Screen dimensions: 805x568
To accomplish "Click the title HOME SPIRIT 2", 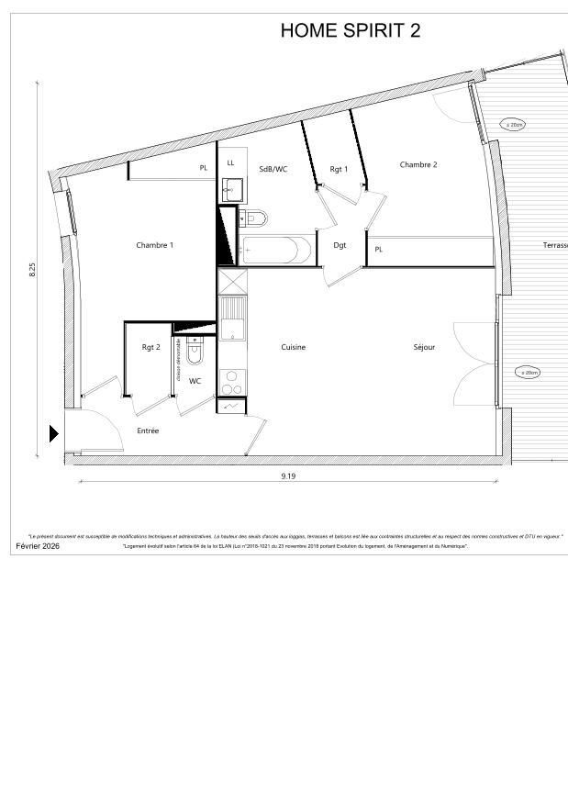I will tap(351, 30).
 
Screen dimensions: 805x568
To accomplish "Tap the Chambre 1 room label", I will tap(154, 245).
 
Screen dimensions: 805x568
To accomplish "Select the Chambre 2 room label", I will tap(418, 164).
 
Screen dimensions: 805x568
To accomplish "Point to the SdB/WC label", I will tap(273, 169).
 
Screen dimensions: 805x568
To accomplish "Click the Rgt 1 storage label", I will tap(339, 169).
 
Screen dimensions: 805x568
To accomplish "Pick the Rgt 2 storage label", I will tap(150, 347).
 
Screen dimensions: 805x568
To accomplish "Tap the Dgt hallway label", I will tap(340, 245).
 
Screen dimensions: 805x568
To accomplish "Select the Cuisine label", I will tap(293, 347).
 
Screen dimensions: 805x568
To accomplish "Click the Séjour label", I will tap(424, 347).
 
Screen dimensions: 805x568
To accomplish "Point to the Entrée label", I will tap(148, 430).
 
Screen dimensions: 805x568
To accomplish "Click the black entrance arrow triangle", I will tap(54, 433).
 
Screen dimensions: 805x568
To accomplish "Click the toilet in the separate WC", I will tap(195, 351).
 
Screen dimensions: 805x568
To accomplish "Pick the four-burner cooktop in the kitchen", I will tap(232, 380).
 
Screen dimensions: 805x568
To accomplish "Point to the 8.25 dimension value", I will tap(33, 272).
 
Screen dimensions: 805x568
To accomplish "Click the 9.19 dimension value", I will tap(288, 475).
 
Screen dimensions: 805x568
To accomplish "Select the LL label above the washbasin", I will tap(230, 163).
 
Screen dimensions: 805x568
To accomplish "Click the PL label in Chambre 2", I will tap(378, 250).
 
